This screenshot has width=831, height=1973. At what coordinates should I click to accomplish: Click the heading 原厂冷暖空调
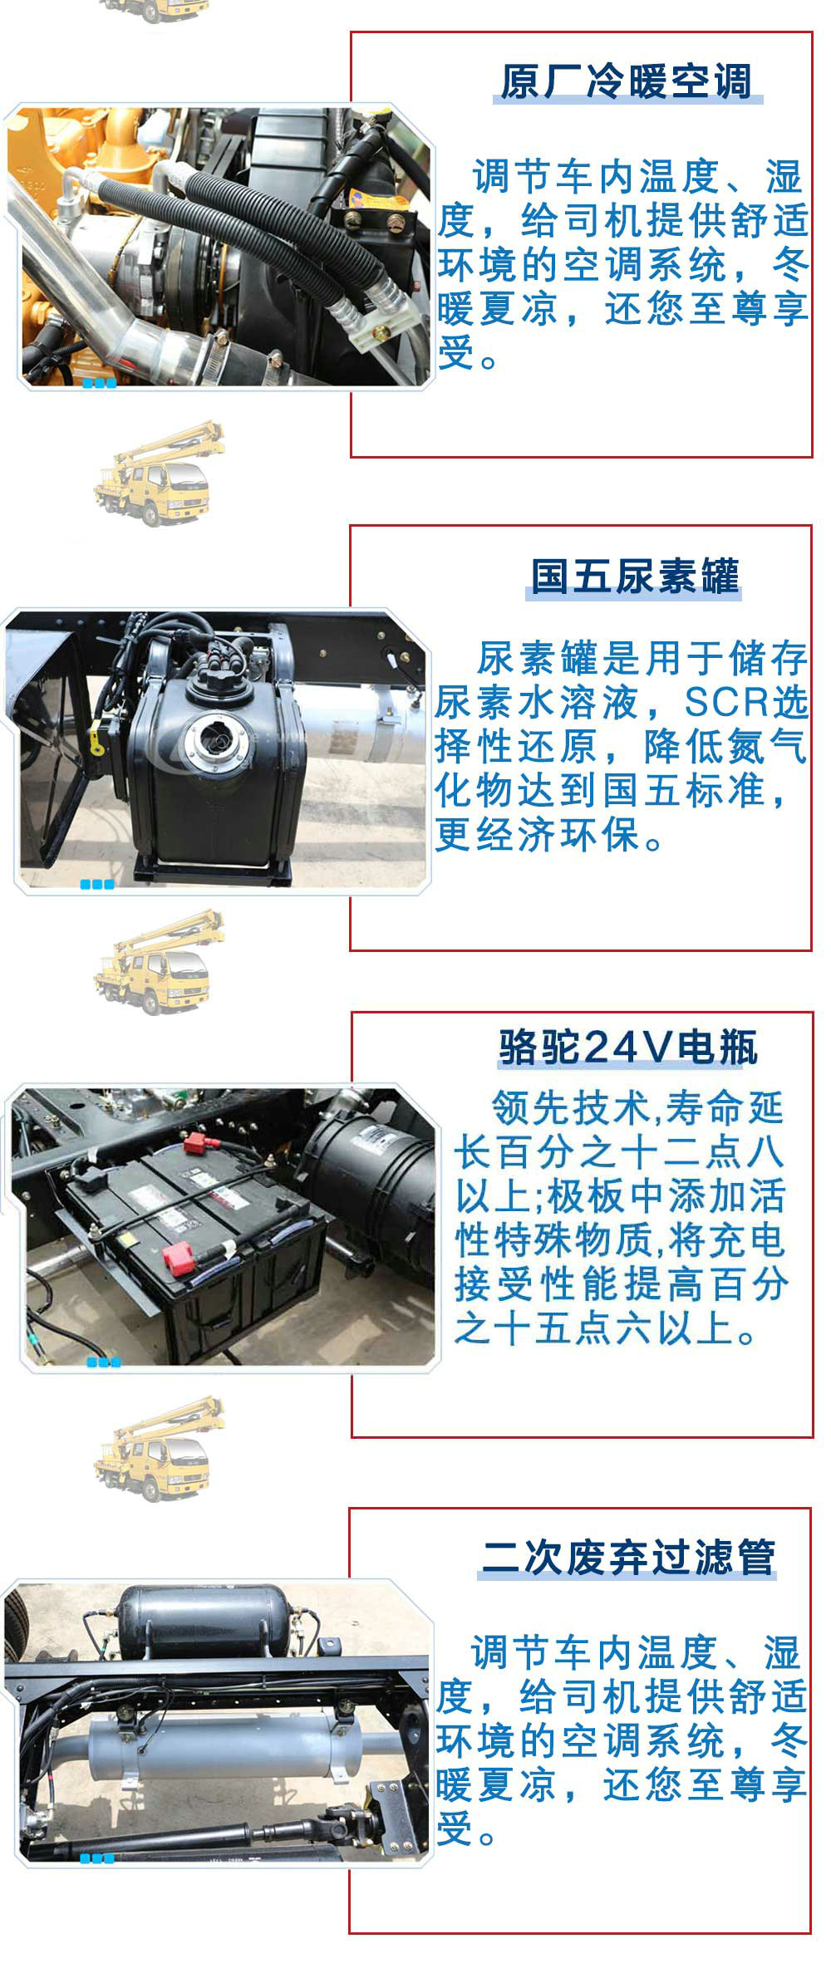627,82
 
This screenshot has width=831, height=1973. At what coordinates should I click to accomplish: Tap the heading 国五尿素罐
634,576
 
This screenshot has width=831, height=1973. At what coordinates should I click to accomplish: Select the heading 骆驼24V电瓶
628,1048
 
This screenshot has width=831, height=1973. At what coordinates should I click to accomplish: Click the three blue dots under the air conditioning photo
99,383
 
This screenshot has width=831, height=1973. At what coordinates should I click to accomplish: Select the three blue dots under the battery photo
104,1362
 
